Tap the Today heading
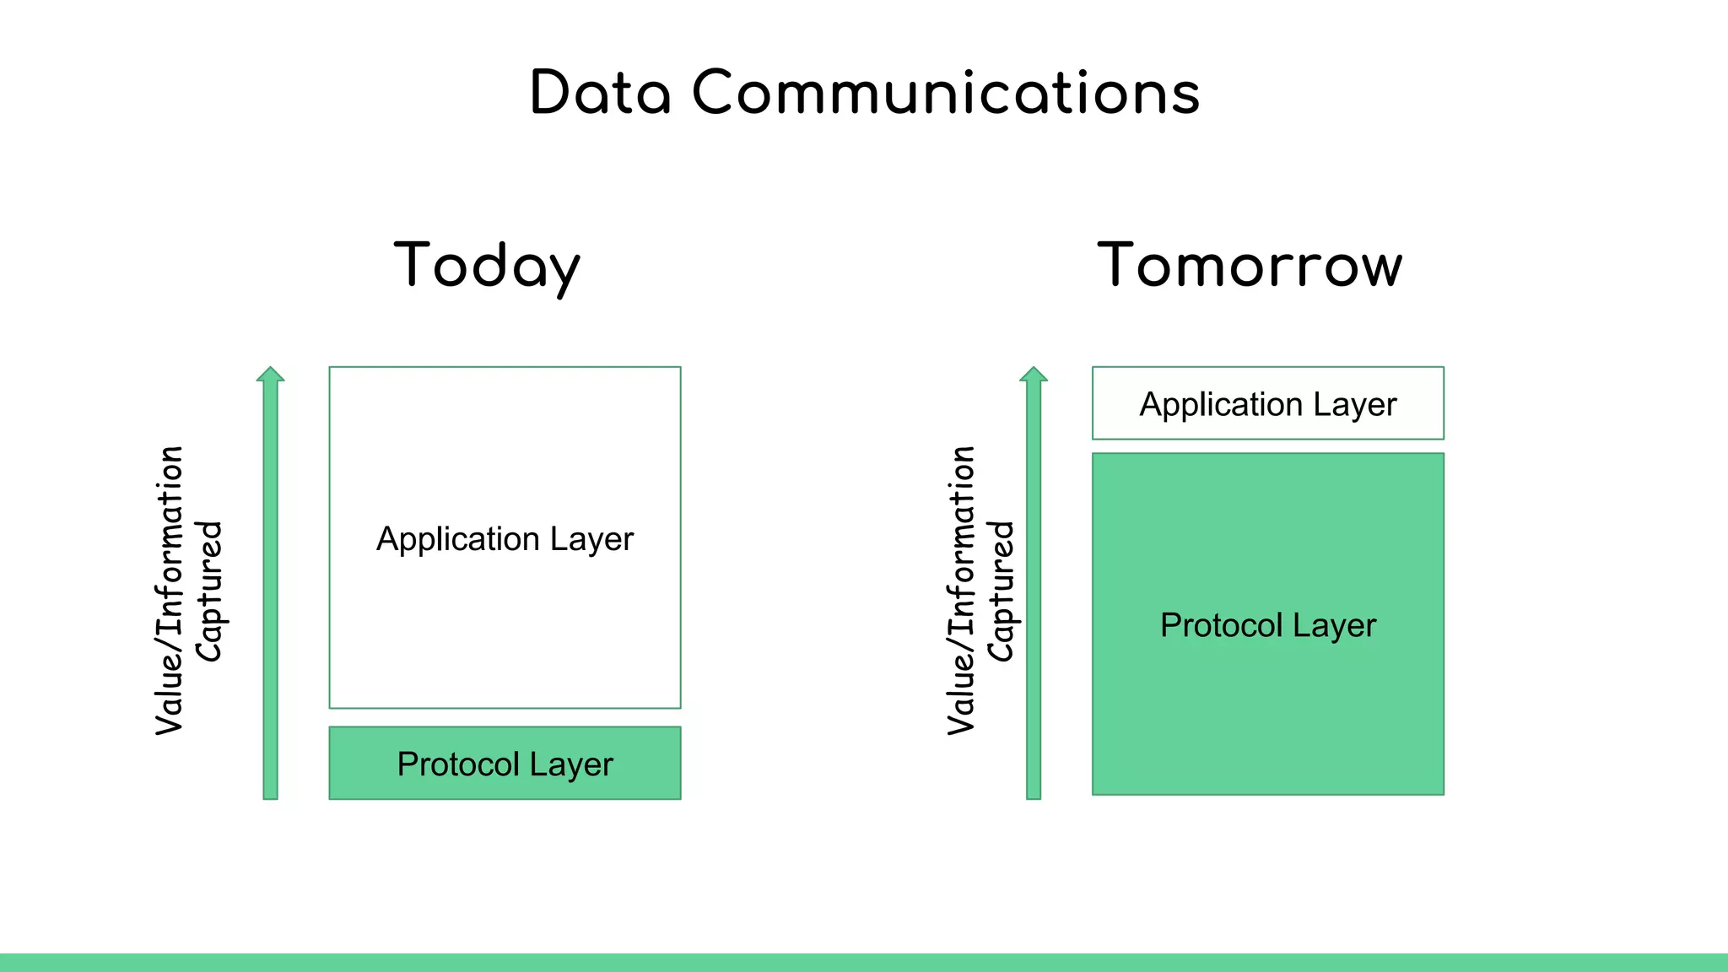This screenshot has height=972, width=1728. click(487, 265)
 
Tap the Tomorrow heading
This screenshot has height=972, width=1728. click(1250, 265)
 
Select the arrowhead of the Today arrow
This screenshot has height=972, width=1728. click(270, 375)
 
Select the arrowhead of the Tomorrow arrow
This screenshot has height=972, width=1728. click(1034, 375)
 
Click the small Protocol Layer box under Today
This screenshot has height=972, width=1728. click(505, 763)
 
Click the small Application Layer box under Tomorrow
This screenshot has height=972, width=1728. click(1267, 403)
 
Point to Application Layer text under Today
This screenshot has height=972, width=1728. click(505, 538)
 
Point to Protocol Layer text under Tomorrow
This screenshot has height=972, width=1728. click(1267, 625)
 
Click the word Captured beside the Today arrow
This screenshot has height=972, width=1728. click(208, 591)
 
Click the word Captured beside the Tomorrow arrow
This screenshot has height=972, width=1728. click(1001, 591)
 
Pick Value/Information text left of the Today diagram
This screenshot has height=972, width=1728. click(170, 591)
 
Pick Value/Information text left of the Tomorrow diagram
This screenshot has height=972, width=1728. click(961, 591)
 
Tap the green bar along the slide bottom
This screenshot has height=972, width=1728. click(864, 962)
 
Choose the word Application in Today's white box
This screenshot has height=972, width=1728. click(458, 539)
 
